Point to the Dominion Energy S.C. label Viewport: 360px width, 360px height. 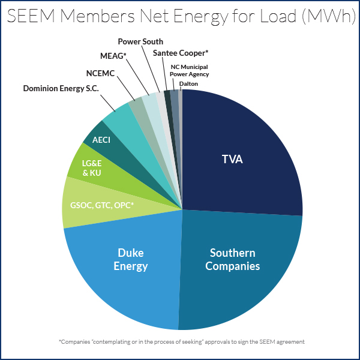pyautogui.click(x=61, y=89)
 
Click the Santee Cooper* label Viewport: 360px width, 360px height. pyautogui.click(x=181, y=53)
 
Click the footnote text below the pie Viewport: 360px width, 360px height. pyautogui.click(x=182, y=341)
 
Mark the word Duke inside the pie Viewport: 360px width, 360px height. pyautogui.click(x=131, y=252)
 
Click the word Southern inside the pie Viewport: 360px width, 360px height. pyautogui.click(x=233, y=253)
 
